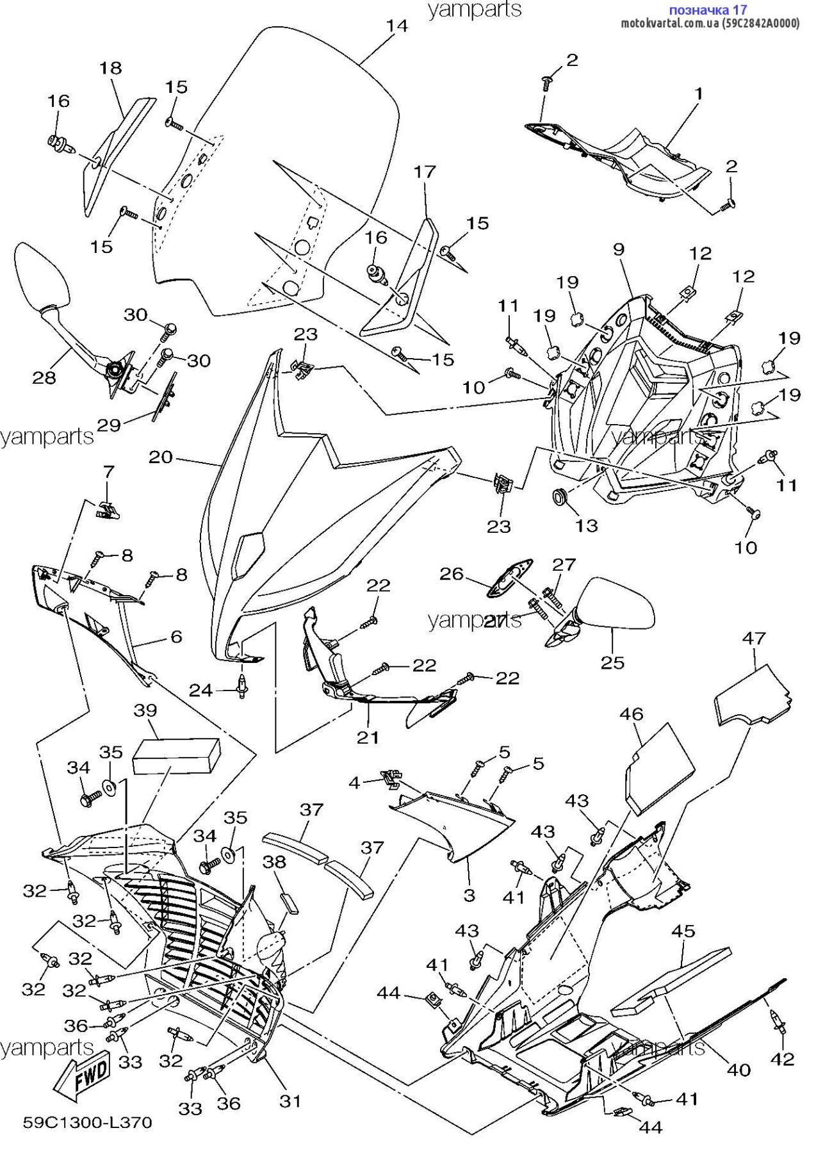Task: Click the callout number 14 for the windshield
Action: (x=397, y=26)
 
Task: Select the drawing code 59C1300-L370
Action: (x=88, y=1124)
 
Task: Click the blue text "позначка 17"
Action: (x=707, y=10)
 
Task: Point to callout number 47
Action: (x=754, y=638)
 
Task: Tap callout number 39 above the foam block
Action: (x=145, y=710)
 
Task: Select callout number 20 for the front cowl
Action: (x=161, y=457)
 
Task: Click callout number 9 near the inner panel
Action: (x=618, y=249)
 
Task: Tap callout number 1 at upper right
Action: (x=699, y=94)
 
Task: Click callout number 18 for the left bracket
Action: (x=111, y=68)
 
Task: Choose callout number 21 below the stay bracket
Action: (x=368, y=737)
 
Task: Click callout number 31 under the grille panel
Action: (x=290, y=1101)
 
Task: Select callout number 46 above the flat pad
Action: (x=632, y=714)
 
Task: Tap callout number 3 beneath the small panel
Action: (x=469, y=895)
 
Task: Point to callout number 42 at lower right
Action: (x=782, y=1059)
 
